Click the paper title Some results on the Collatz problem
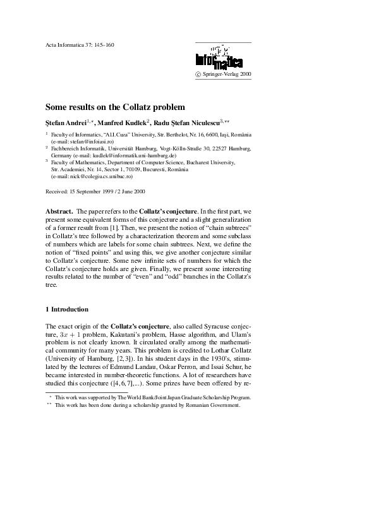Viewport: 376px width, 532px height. (x=115, y=107)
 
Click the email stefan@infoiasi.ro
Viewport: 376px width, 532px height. (x=85, y=143)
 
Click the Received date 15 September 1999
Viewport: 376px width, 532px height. (x=94, y=191)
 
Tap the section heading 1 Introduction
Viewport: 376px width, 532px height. (x=67, y=309)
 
